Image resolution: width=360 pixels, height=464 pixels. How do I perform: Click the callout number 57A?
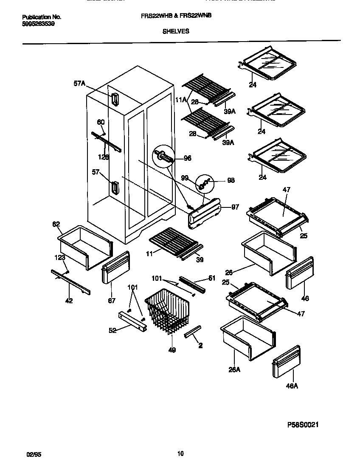point(79,84)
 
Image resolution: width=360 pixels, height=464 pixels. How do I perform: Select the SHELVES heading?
point(176,31)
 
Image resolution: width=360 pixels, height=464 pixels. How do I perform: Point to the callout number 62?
point(56,224)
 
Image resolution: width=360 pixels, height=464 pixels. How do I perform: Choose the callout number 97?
point(235,207)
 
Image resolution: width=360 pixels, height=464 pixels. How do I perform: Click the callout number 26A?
point(234,369)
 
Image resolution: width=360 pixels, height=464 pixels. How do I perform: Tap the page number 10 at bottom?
point(180,454)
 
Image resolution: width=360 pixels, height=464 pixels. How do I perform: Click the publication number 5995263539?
point(38,24)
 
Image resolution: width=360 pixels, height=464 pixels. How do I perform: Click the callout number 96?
point(187,159)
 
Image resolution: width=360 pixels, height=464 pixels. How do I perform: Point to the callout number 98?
point(231,180)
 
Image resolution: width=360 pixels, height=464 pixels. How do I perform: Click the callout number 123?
point(59,257)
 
